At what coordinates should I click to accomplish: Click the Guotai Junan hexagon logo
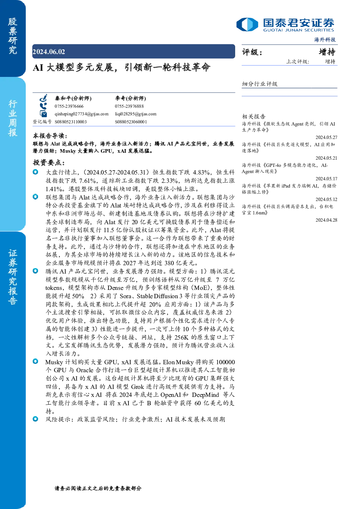click(x=247, y=24)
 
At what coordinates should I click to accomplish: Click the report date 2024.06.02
click(x=49, y=52)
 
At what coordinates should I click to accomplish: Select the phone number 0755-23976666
click(x=69, y=106)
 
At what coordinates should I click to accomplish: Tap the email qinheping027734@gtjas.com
click(x=81, y=114)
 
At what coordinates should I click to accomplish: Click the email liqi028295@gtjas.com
click(x=135, y=114)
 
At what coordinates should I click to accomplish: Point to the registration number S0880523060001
click(x=131, y=122)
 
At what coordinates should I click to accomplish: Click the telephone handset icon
click(x=43, y=106)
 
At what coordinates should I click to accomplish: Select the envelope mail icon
click(x=43, y=114)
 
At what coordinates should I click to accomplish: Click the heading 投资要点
click(x=49, y=163)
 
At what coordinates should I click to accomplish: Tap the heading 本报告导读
click(x=50, y=136)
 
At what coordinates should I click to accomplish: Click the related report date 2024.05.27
click(x=326, y=137)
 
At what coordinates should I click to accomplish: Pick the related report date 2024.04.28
click(x=326, y=220)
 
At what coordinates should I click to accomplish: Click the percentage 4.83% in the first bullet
click(x=201, y=172)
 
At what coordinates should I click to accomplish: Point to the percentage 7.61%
click(x=87, y=181)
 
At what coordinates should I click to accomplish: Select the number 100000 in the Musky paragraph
click(x=225, y=362)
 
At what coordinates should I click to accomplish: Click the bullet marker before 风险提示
click(x=36, y=419)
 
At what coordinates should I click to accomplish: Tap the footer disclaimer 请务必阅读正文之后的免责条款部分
click(x=98, y=488)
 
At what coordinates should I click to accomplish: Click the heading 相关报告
click(x=254, y=116)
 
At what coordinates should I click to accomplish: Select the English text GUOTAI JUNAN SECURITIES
click(x=299, y=30)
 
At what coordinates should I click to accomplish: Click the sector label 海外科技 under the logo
click(x=325, y=40)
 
